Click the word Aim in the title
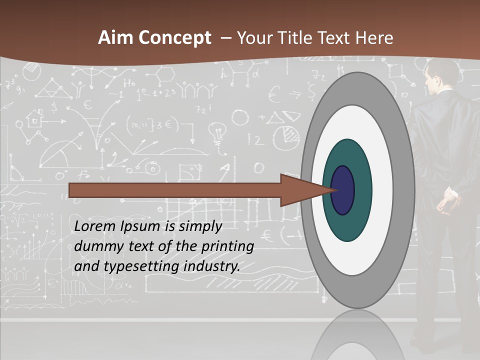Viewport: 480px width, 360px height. [x=116, y=38]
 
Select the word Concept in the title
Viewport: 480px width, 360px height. [x=174, y=38]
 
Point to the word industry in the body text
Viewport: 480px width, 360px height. [x=212, y=266]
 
